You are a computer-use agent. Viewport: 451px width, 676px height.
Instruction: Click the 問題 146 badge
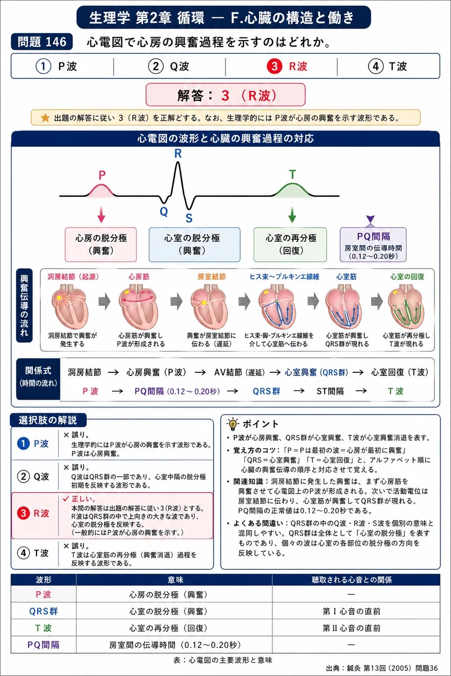coord(42,42)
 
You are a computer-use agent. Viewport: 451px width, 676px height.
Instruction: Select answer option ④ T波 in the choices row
coord(388,66)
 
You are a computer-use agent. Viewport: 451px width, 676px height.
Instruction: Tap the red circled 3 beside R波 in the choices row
coord(274,66)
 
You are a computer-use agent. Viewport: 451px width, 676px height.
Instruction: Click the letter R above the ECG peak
coord(178,154)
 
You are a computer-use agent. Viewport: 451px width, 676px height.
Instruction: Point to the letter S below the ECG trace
coord(189,218)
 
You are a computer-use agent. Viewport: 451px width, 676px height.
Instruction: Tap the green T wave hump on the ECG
coord(292,190)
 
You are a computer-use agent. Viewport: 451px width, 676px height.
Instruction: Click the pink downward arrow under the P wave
coord(102,214)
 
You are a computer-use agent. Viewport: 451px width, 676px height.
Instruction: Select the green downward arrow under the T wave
coord(292,214)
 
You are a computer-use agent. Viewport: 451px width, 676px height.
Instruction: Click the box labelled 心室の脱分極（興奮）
coord(195,245)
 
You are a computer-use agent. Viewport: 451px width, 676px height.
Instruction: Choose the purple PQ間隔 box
coord(373,245)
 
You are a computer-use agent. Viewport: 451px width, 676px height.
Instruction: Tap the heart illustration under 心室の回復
coord(406,307)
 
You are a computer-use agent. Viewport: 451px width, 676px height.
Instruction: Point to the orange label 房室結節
coord(211,277)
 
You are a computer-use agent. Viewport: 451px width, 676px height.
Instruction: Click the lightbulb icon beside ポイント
coord(233,424)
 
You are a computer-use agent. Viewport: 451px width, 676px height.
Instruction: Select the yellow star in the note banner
coord(45,118)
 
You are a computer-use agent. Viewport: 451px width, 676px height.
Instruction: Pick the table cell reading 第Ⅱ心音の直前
coord(352,628)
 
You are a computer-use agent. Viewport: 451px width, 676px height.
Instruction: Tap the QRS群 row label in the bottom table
coord(43,612)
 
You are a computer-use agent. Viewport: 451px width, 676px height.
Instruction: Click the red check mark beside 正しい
coord(66,499)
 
